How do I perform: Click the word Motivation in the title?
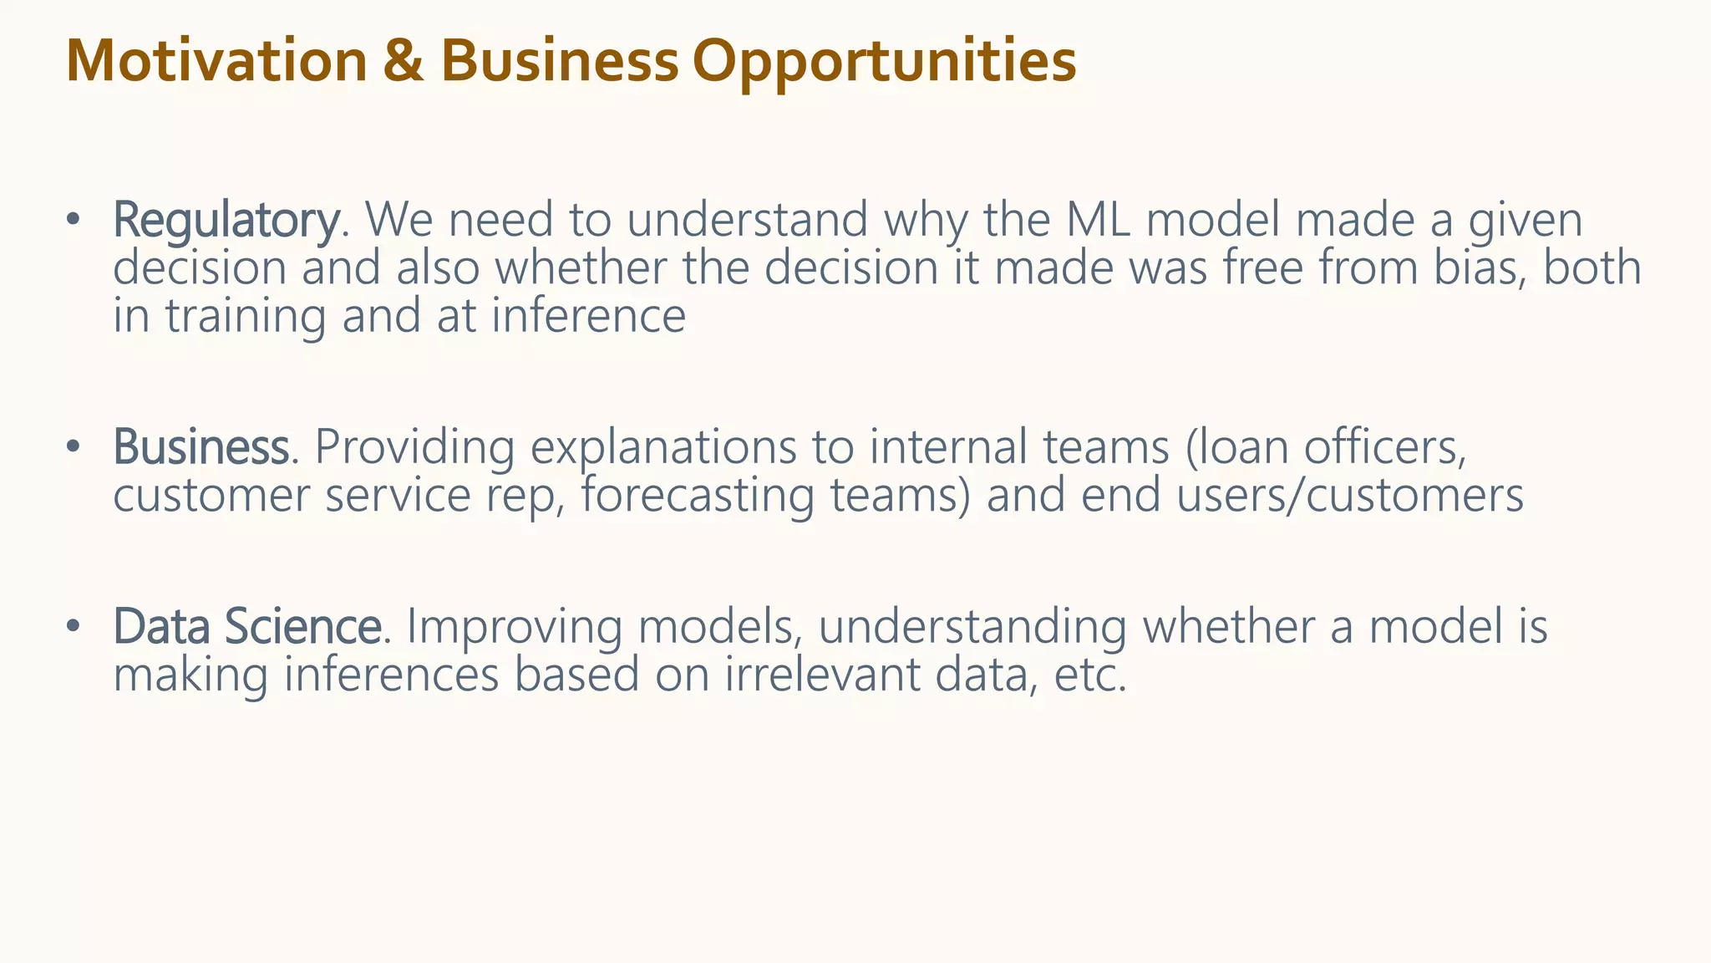pos(216,62)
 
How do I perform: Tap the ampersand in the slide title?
pos(404,62)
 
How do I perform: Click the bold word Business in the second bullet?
pos(201,447)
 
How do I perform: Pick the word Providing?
pos(414,447)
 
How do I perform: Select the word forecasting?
pos(697,496)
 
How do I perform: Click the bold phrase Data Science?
pos(247,627)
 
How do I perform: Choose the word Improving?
pos(514,627)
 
